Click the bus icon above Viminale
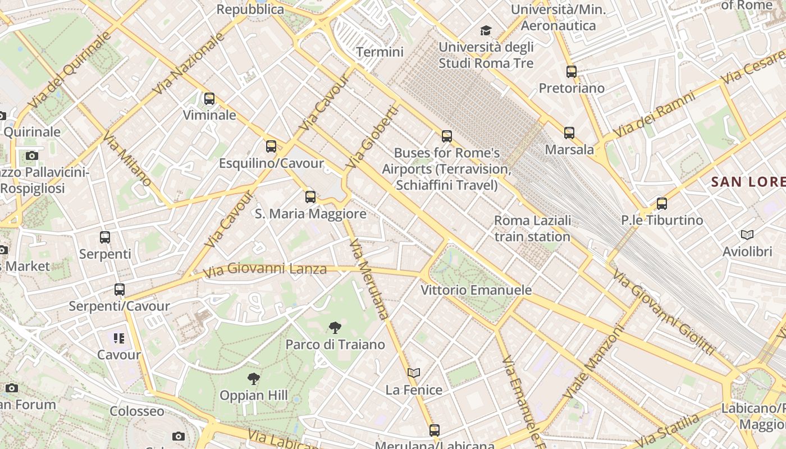click(209, 99)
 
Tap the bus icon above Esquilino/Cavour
click(271, 146)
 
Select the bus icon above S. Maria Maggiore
click(310, 197)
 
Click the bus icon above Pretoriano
click(572, 72)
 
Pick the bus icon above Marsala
click(569, 133)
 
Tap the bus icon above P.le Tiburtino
click(662, 204)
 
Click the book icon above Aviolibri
click(747, 235)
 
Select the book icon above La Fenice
click(414, 373)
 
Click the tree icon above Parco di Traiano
click(335, 328)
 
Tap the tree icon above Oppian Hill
click(254, 379)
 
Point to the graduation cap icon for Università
click(486, 30)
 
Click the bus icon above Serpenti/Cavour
click(120, 290)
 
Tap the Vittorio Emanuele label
click(476, 290)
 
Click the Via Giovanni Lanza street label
click(264, 269)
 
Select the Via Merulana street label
click(369, 279)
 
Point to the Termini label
click(380, 52)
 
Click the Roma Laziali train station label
click(532, 228)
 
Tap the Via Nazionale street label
click(188, 63)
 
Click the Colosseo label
click(137, 411)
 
